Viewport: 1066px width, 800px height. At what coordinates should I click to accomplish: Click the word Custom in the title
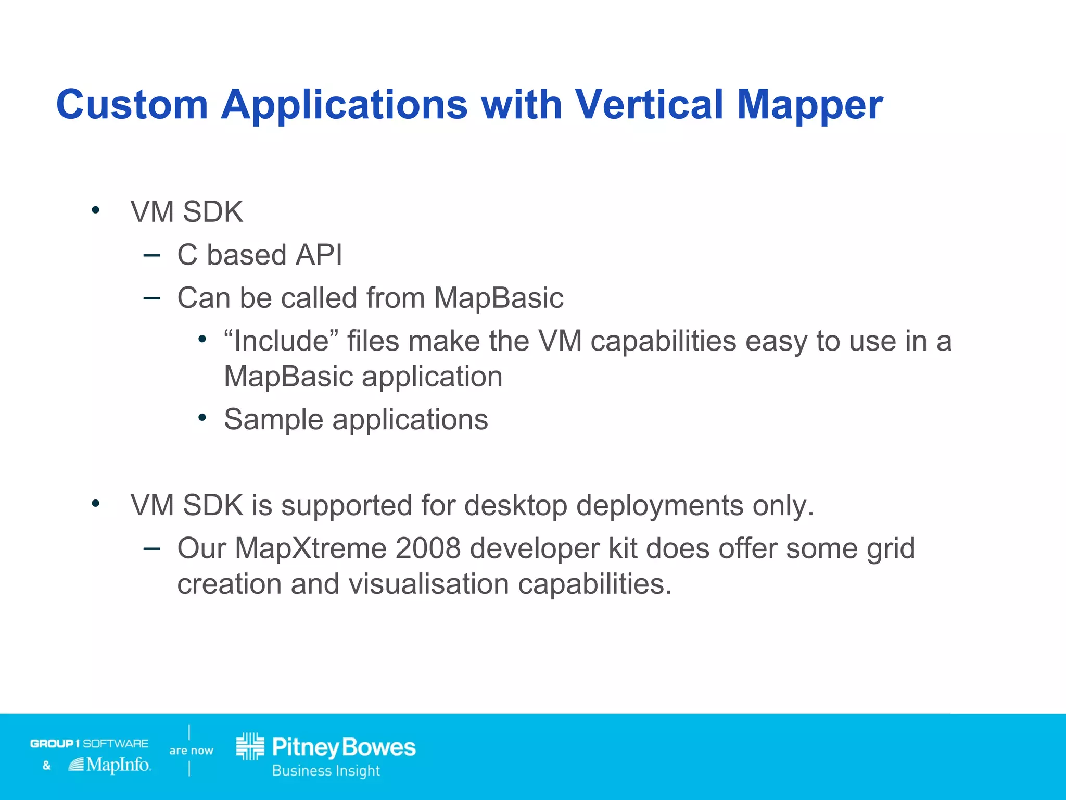click(132, 105)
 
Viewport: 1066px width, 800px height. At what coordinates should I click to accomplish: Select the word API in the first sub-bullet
click(319, 255)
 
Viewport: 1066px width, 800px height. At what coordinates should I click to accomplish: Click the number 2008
click(428, 548)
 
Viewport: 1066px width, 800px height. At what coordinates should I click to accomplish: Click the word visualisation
click(428, 584)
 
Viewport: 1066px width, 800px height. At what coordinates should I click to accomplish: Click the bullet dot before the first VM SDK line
click(95, 210)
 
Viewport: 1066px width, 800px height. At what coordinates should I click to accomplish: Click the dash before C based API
click(151, 255)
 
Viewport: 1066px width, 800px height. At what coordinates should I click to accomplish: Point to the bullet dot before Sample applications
click(202, 418)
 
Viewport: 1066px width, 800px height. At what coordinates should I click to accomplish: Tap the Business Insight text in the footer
click(326, 770)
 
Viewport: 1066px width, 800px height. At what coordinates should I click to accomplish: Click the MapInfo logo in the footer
click(110, 765)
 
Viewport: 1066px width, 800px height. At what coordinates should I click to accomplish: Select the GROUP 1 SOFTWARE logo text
click(89, 743)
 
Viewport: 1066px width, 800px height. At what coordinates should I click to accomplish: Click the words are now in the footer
click(191, 751)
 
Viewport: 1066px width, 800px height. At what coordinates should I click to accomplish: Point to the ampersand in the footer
click(47, 765)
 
